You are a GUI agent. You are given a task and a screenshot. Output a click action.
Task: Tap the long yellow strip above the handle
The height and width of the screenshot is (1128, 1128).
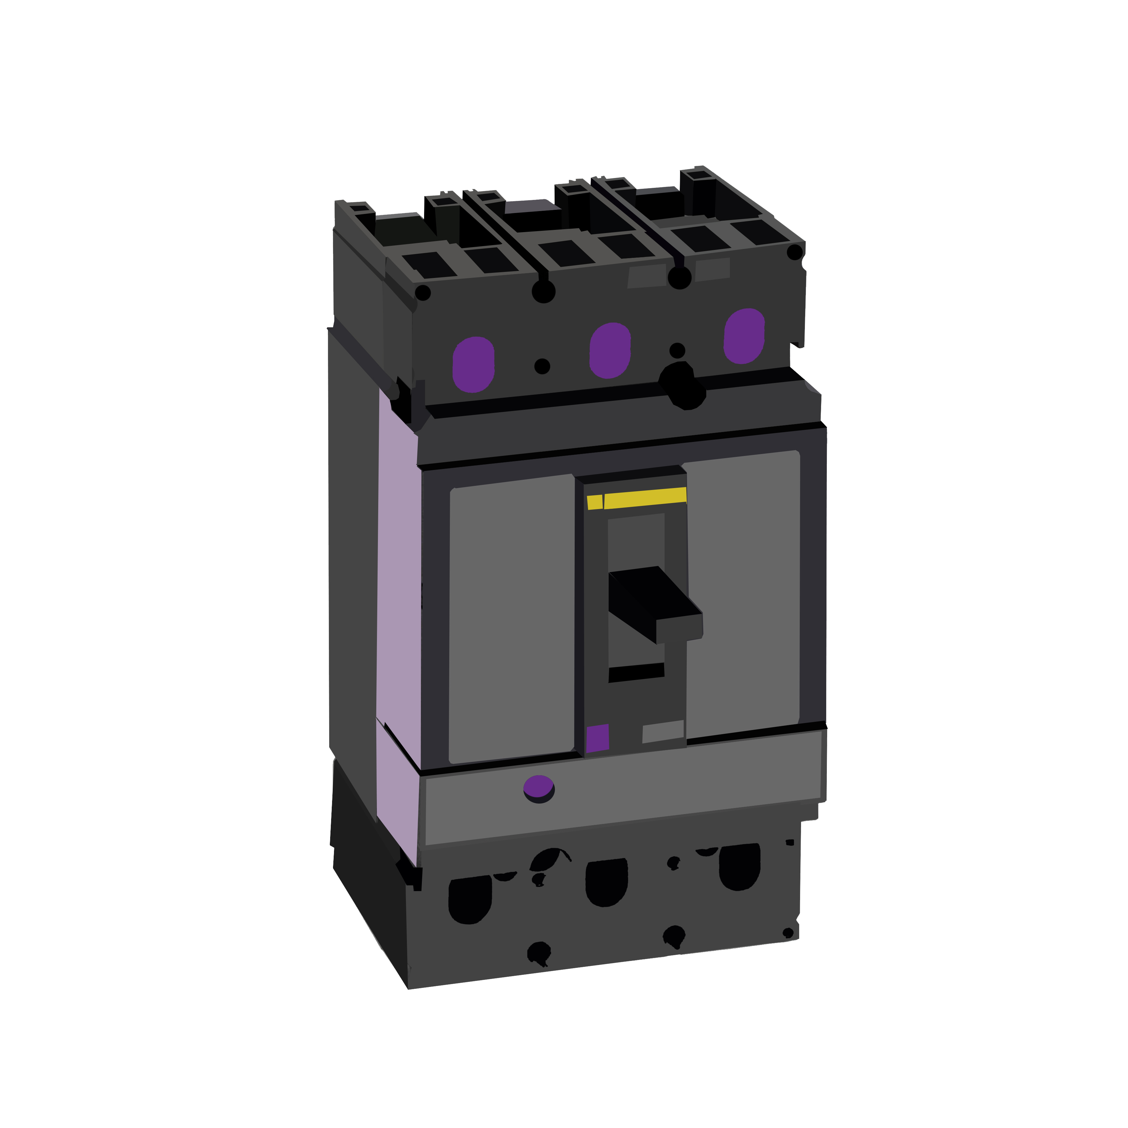click(645, 497)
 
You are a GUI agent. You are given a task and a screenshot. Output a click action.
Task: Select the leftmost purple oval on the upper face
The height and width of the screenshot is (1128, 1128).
click(473, 364)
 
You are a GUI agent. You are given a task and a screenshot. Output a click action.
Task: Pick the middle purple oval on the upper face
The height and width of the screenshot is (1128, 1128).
click(610, 350)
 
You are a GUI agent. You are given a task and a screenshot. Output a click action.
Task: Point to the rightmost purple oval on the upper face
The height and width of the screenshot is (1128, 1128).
click(744, 336)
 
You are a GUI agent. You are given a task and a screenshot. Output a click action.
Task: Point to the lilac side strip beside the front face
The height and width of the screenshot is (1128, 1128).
click(399, 584)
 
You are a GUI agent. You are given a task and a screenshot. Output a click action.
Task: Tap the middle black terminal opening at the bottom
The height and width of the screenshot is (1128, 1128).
click(607, 882)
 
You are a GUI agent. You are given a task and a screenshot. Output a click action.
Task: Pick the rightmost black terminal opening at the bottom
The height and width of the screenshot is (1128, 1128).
click(740, 866)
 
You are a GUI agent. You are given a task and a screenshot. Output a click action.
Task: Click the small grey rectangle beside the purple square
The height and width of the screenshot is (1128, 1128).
click(663, 732)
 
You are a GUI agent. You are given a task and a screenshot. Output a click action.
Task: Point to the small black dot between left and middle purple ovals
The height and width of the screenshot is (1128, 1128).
click(542, 366)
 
